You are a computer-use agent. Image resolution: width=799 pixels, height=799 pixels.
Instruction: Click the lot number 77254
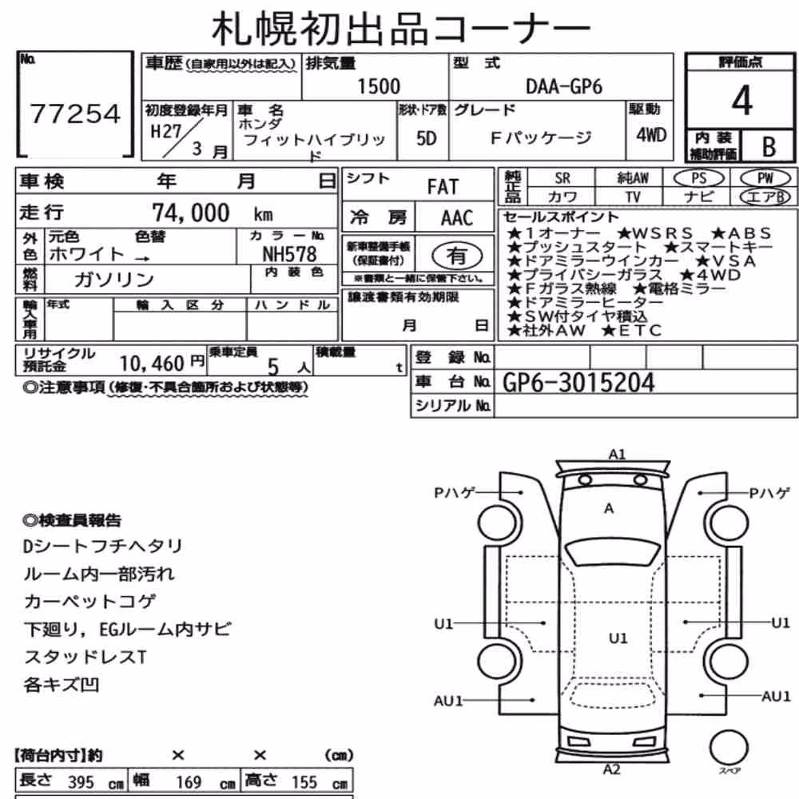(75, 113)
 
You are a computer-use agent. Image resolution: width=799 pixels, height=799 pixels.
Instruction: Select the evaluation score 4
(741, 101)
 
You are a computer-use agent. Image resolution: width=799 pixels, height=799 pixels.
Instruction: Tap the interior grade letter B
(769, 147)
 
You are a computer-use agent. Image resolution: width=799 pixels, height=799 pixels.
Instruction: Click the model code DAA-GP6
(563, 86)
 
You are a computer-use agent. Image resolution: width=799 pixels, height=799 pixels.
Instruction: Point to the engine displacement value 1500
(379, 86)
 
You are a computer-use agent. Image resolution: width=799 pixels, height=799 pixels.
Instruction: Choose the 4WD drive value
(651, 135)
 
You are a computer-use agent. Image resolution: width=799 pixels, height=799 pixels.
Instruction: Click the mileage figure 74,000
(191, 213)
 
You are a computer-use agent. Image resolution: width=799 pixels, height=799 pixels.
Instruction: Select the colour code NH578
(289, 254)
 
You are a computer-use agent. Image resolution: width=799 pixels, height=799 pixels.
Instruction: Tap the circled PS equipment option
(698, 178)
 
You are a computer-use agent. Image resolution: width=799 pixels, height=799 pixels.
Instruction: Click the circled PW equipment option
(765, 178)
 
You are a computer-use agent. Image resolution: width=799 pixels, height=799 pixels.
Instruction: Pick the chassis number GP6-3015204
(578, 382)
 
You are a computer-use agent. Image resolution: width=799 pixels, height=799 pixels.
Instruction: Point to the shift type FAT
(443, 187)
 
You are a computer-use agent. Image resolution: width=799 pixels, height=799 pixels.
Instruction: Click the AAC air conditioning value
(456, 218)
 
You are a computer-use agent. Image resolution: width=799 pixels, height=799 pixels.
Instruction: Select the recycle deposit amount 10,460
(152, 364)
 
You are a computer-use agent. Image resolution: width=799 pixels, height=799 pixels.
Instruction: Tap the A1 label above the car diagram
(617, 454)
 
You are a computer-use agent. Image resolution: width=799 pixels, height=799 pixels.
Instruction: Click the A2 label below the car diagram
(611, 769)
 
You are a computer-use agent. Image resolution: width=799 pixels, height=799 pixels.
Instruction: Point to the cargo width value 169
(189, 781)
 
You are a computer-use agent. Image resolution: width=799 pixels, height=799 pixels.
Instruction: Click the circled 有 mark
(457, 256)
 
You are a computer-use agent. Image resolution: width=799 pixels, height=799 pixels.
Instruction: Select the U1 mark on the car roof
(618, 638)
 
